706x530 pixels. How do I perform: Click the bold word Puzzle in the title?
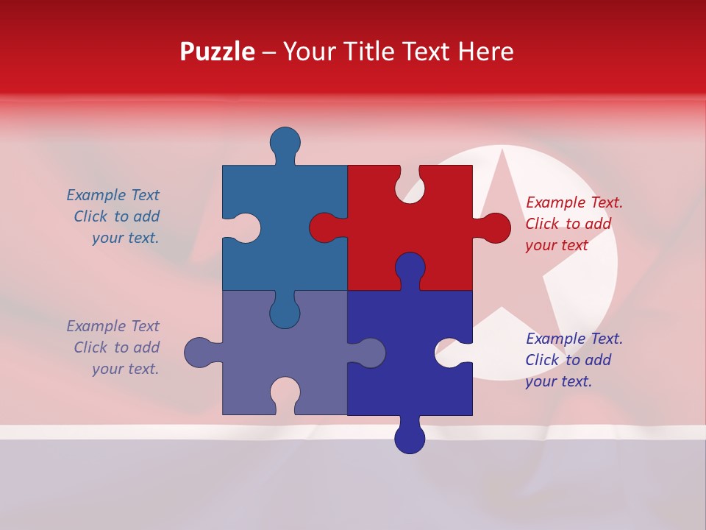tap(217, 52)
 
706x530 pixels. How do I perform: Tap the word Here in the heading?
tap(485, 52)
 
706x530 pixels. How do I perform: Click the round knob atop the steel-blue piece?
tap(285, 142)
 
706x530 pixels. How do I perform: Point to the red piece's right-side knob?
tap(495, 228)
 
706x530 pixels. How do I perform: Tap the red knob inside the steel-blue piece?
tap(325, 228)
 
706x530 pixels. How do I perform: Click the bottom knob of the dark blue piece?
tap(410, 437)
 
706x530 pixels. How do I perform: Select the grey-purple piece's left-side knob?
tap(199, 353)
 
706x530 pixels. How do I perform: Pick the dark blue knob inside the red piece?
tap(410, 268)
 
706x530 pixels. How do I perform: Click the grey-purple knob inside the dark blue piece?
tap(369, 353)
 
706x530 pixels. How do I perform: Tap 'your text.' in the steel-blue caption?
tap(125, 238)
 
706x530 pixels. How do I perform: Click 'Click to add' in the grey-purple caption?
tap(116, 347)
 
